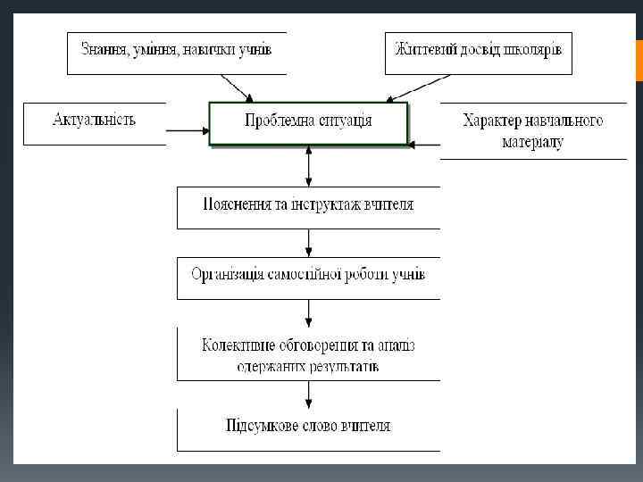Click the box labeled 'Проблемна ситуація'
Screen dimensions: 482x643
pyautogui.click(x=308, y=122)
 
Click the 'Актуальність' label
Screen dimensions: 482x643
pyautogui.click(x=95, y=119)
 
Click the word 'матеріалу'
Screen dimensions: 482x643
pyautogui.click(x=532, y=142)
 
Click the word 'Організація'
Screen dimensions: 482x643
pyautogui.click(x=227, y=273)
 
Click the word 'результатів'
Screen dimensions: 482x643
pyautogui.click(x=345, y=365)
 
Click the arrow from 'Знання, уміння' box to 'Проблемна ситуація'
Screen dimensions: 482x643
pyautogui.click(x=238, y=87)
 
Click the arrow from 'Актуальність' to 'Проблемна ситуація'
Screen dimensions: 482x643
pyautogui.click(x=188, y=131)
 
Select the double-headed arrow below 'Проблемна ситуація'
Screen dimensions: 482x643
pyautogui.click(x=308, y=166)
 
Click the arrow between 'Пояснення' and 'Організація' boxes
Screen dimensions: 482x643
pyautogui.click(x=308, y=242)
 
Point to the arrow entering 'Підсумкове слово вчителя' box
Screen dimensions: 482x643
pyautogui.click(x=308, y=395)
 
